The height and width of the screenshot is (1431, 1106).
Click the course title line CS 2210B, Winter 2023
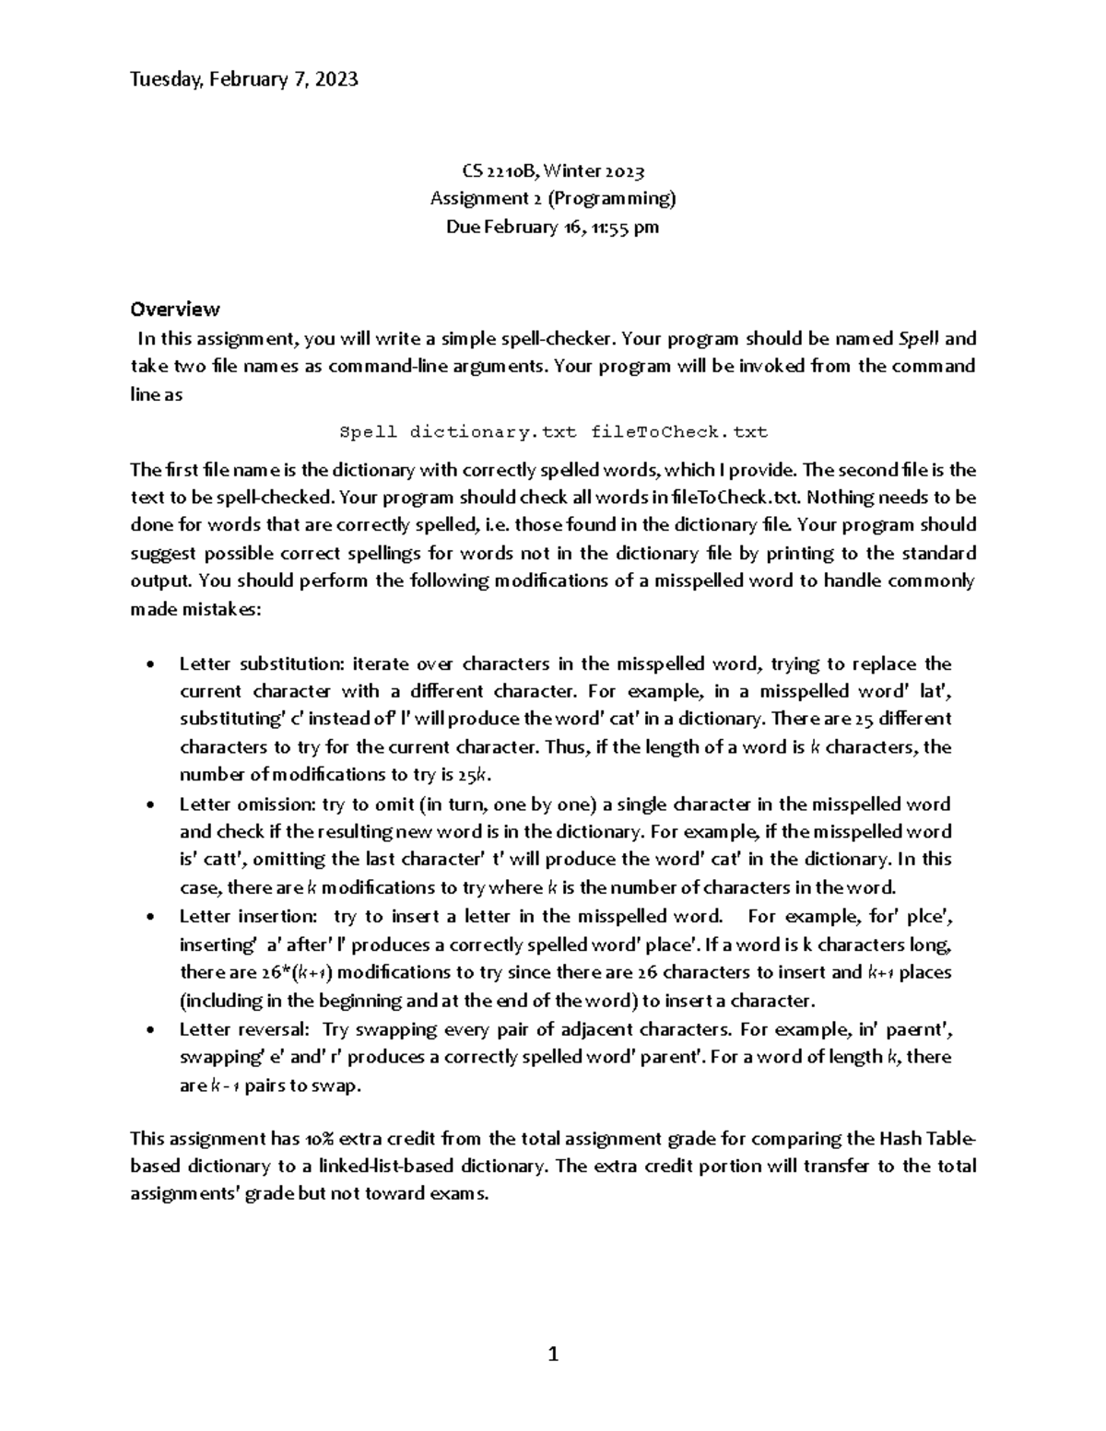553,170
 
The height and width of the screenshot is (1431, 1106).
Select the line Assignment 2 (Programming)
553,198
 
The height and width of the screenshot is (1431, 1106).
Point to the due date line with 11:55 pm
553,227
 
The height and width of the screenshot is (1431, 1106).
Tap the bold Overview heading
175,309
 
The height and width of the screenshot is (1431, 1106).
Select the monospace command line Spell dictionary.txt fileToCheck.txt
553,431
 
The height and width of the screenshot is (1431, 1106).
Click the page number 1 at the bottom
553,1354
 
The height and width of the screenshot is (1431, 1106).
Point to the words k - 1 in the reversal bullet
226,1085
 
